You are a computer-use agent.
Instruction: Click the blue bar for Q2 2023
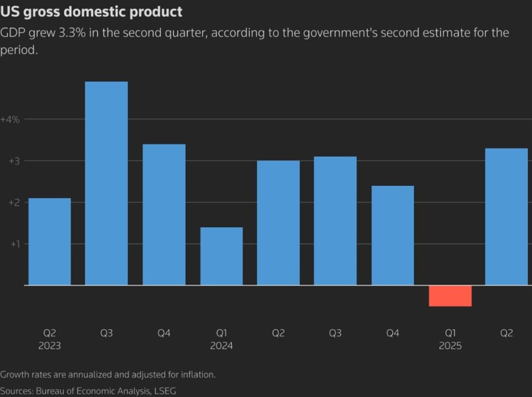(49, 241)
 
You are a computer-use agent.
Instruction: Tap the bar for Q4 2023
(164, 214)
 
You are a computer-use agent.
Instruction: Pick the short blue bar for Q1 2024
(221, 256)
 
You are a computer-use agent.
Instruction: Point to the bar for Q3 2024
(336, 220)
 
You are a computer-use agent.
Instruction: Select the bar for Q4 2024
(393, 235)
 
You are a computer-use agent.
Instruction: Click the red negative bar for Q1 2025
(450, 296)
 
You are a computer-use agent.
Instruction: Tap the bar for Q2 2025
(507, 216)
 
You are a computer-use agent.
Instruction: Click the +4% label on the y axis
(10, 119)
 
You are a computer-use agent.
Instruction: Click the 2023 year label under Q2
(49, 346)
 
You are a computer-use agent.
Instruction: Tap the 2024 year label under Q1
(221, 346)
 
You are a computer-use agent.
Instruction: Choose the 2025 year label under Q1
(450, 346)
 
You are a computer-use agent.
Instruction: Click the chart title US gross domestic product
(91, 12)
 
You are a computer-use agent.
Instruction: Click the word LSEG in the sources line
(166, 390)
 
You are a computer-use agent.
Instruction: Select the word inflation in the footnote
(196, 374)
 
